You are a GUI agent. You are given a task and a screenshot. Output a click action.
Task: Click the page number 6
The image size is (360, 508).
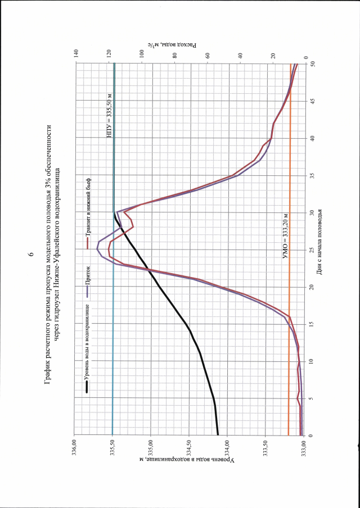tap(31, 254)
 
